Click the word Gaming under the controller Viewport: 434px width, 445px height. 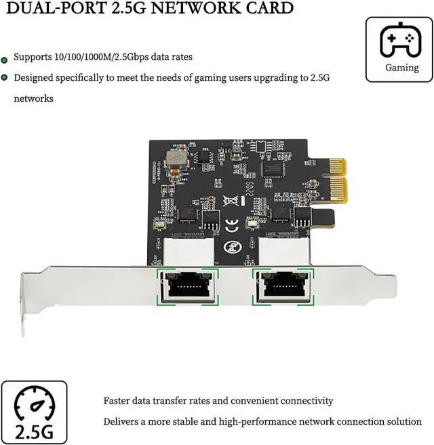click(402, 68)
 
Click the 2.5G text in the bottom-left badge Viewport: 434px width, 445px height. click(34, 431)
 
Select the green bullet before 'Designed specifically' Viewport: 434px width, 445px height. click(5, 78)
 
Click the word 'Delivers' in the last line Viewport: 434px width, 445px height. click(122, 421)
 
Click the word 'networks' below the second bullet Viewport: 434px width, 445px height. click(34, 98)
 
